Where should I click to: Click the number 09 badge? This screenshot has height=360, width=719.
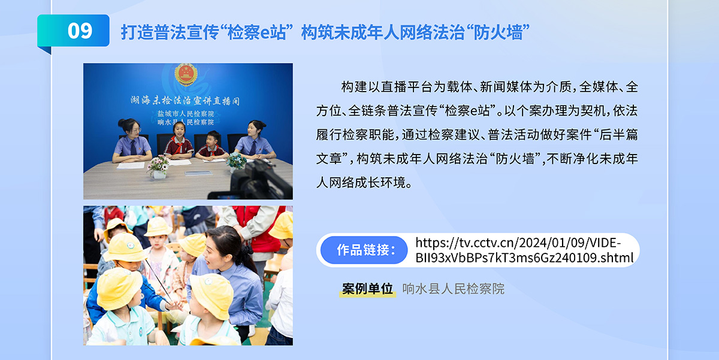(73, 31)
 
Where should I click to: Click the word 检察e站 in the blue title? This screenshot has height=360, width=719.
(256, 32)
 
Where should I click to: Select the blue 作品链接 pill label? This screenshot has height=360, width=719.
(364, 250)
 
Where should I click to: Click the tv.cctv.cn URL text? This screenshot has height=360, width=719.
(524, 250)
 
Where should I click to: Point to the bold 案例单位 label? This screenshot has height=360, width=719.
(367, 289)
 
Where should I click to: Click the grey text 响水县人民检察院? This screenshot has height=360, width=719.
(453, 289)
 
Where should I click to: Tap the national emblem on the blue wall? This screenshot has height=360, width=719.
(186, 74)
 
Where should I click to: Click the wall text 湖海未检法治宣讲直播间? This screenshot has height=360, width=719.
(185, 101)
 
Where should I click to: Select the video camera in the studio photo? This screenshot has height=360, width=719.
(253, 181)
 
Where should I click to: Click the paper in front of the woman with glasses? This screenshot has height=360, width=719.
(131, 165)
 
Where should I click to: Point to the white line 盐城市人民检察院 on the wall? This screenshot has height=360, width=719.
(186, 114)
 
